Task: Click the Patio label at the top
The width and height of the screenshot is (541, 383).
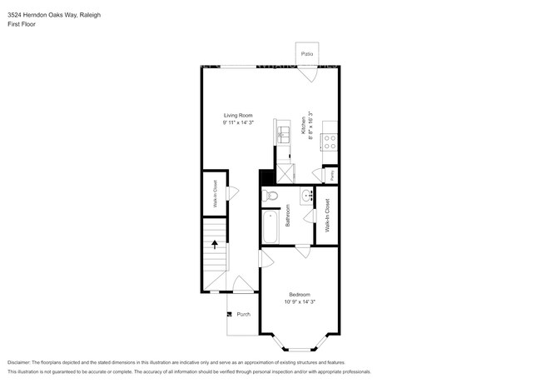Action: tap(307, 52)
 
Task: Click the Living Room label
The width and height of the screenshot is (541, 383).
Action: tap(237, 115)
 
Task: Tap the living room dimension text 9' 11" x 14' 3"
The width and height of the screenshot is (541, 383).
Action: tap(237, 122)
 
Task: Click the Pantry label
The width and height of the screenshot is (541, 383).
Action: tap(332, 176)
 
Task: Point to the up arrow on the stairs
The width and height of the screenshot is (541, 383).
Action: tap(215, 245)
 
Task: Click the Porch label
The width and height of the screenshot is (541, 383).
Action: tap(243, 314)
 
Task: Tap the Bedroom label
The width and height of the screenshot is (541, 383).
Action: tap(300, 295)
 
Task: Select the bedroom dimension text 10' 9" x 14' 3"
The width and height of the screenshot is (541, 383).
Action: tap(300, 302)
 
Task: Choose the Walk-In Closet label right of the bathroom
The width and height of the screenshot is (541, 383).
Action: tap(327, 215)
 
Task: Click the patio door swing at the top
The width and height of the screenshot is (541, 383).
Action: tap(309, 74)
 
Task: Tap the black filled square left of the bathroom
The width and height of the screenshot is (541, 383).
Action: tap(266, 177)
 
